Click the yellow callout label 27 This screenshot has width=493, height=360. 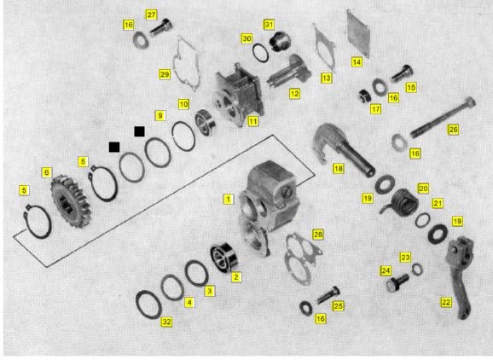(x=151, y=15)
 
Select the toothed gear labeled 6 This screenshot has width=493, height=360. (x=71, y=201)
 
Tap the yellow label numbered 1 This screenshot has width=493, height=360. (x=229, y=199)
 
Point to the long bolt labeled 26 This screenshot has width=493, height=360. (x=443, y=118)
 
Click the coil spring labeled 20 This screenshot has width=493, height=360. (x=401, y=203)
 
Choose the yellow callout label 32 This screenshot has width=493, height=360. (x=167, y=322)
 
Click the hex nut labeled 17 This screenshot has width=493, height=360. (x=366, y=96)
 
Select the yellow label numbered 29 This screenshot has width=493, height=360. (x=165, y=74)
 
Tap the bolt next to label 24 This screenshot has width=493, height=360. (x=397, y=282)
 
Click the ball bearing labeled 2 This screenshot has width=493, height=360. (x=225, y=258)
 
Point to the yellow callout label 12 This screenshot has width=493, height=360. (x=294, y=94)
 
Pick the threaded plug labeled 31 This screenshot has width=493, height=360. (x=280, y=41)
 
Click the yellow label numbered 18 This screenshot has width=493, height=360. (x=339, y=169)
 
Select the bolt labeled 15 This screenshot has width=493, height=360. (x=402, y=73)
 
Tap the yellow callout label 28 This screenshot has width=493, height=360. (x=318, y=235)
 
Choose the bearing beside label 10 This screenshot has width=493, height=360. (x=205, y=122)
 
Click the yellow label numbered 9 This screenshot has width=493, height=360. (x=160, y=116)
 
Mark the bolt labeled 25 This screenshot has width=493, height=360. (x=328, y=295)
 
